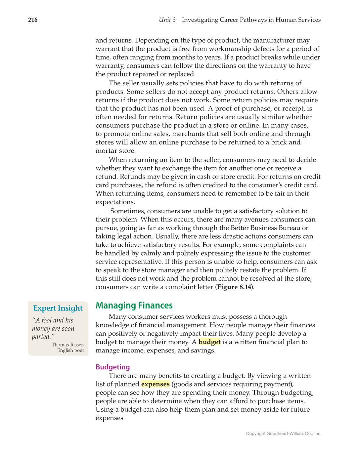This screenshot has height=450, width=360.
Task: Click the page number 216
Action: (x=33, y=20)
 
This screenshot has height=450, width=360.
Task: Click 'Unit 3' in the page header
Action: (x=167, y=20)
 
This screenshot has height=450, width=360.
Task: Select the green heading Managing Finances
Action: (x=134, y=305)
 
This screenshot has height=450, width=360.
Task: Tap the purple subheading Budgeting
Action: (x=112, y=367)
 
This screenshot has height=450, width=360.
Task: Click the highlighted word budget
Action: (x=209, y=342)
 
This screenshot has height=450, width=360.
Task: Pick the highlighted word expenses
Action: (x=155, y=384)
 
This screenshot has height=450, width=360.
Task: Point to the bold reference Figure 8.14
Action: (x=234, y=287)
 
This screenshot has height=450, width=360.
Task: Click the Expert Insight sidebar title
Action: (x=58, y=308)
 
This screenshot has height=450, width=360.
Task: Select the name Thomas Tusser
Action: (x=67, y=345)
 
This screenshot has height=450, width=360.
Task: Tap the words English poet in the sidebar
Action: (x=70, y=350)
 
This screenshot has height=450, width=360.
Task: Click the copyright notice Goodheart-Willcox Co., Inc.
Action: (x=284, y=433)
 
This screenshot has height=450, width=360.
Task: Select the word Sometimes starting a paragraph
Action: (x=127, y=211)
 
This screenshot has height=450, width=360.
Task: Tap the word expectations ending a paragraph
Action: (x=114, y=202)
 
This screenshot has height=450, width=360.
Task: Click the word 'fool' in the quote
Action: (x=47, y=320)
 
